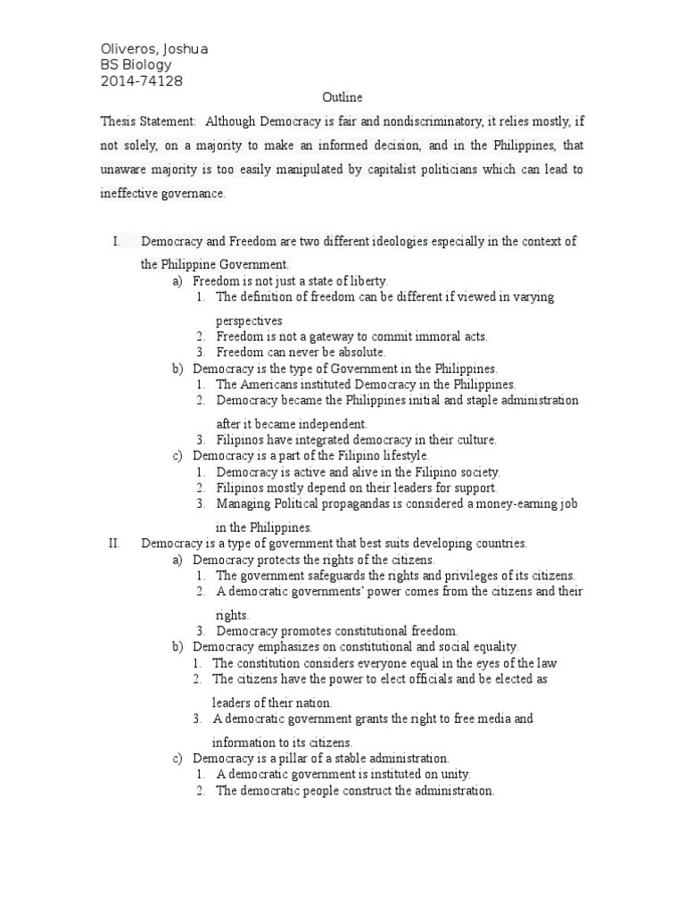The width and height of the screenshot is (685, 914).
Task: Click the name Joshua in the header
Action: (x=185, y=49)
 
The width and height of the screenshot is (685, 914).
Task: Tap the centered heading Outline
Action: (x=342, y=98)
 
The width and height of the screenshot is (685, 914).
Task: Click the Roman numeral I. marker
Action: (x=116, y=241)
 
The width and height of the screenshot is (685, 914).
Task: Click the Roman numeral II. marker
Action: (x=114, y=543)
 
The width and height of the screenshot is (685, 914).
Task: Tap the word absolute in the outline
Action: (x=362, y=353)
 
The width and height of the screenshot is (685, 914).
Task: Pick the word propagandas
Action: (x=354, y=503)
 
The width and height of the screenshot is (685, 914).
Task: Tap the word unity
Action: (x=454, y=774)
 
